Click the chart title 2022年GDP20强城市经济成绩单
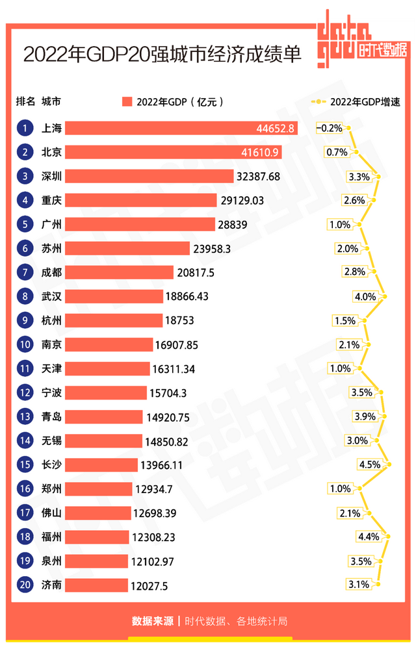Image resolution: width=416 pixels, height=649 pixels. click(x=162, y=54)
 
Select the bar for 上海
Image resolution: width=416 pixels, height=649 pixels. click(x=181, y=128)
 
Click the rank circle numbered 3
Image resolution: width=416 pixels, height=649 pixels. click(x=25, y=176)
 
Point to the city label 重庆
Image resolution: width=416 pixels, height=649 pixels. click(x=51, y=200)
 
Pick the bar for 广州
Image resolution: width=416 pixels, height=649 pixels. click(x=140, y=224)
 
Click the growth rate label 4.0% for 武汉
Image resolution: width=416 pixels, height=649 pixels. click(x=365, y=296)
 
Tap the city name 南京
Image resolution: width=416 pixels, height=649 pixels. click(x=51, y=344)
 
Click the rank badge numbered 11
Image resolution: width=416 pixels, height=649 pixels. click(x=25, y=368)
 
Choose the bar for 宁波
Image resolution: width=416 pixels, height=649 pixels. click(x=106, y=392)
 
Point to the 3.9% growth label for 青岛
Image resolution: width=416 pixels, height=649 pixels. click(x=365, y=416)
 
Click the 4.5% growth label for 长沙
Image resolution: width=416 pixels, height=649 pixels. click(x=369, y=464)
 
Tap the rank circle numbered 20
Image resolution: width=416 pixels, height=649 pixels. click(x=25, y=585)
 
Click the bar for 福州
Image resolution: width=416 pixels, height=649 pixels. click(x=97, y=537)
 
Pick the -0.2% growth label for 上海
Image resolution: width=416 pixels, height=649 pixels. click(x=329, y=128)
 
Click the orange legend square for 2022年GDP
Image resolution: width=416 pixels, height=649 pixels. click(x=127, y=101)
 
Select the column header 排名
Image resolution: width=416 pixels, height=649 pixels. click(x=25, y=101)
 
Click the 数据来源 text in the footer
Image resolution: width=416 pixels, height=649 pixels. click(x=153, y=621)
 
